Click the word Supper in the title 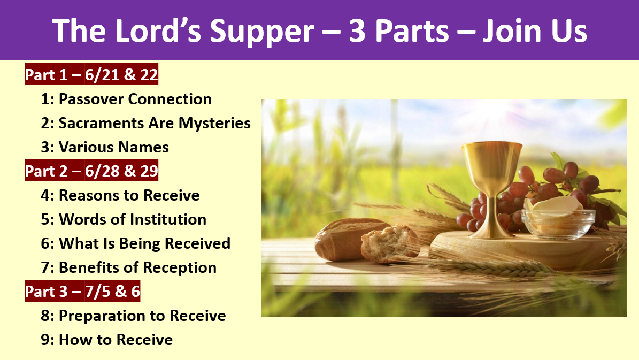tap(261, 32)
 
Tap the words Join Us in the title tap(535, 30)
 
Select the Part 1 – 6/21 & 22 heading tap(91, 74)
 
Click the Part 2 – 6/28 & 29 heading tap(91, 171)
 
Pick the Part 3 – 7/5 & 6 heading tap(82, 291)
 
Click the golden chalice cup tap(492, 163)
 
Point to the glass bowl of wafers tap(558, 223)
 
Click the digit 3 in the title tap(357, 31)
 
